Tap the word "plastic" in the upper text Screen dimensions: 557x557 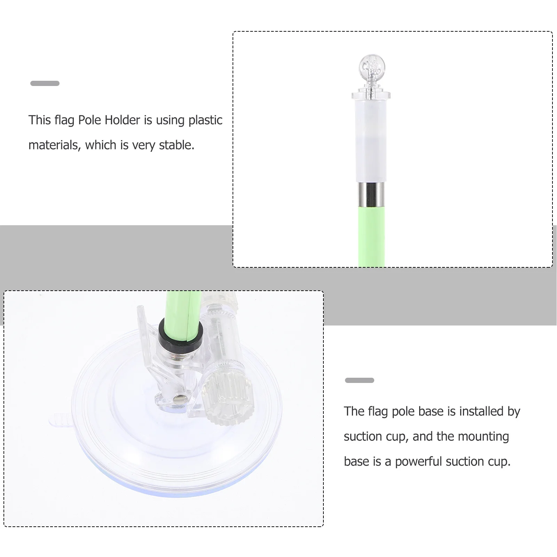205,120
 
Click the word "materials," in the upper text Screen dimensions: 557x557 54,145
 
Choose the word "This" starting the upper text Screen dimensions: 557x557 40,120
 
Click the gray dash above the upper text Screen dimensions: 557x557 45,83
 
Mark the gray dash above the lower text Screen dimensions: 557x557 359,380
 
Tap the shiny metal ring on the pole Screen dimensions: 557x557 371,194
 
